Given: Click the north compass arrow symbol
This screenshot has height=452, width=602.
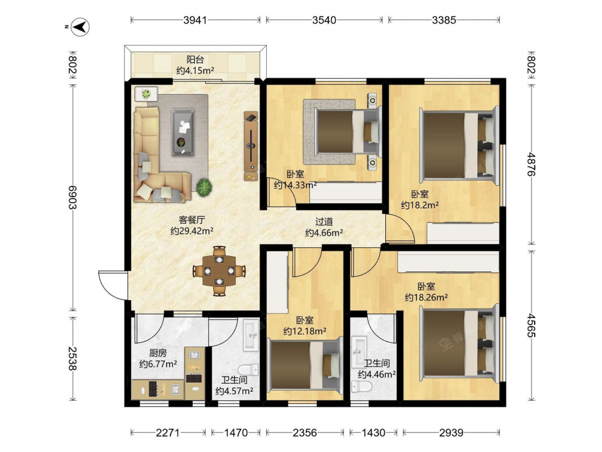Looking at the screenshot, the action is click(x=80, y=27).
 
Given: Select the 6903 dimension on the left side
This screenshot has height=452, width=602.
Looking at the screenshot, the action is click(x=72, y=198).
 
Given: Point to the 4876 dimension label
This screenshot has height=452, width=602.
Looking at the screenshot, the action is click(x=532, y=164).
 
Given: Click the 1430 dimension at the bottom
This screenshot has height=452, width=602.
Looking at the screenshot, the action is click(x=373, y=433).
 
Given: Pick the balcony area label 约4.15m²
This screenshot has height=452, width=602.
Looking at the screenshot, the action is click(x=195, y=71).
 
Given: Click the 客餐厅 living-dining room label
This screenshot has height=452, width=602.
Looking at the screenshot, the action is click(x=191, y=220).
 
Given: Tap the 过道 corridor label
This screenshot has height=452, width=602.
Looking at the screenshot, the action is click(x=324, y=222).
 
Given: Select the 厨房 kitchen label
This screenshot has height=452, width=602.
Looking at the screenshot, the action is click(x=158, y=353).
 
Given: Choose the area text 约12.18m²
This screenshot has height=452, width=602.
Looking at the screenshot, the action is click(x=305, y=331).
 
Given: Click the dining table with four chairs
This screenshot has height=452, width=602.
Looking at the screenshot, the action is click(x=219, y=271).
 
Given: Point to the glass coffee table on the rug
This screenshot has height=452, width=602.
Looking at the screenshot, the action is click(x=183, y=132).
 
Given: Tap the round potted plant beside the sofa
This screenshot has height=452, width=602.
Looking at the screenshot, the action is click(x=204, y=187).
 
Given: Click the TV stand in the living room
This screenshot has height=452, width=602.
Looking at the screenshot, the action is click(x=250, y=146).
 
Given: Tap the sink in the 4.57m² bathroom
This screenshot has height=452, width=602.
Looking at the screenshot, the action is click(x=252, y=334).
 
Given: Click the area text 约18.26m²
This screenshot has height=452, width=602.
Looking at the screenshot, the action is click(x=426, y=297).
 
